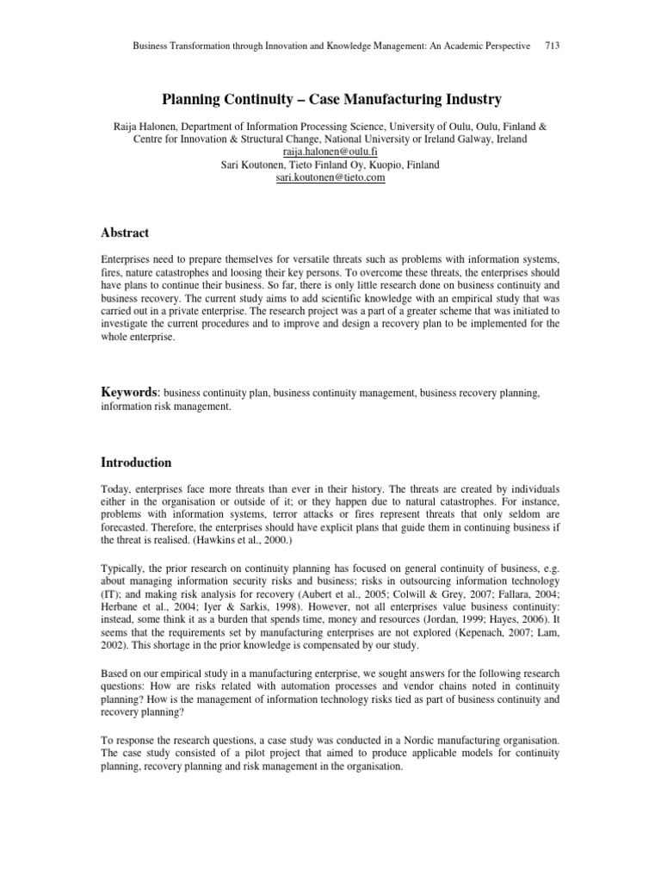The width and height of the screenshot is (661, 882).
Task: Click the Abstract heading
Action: point(125,233)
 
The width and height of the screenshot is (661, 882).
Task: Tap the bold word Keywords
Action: point(130,392)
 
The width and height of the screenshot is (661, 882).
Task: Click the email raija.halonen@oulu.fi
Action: point(331,151)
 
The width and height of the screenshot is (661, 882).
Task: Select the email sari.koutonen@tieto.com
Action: point(330,177)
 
